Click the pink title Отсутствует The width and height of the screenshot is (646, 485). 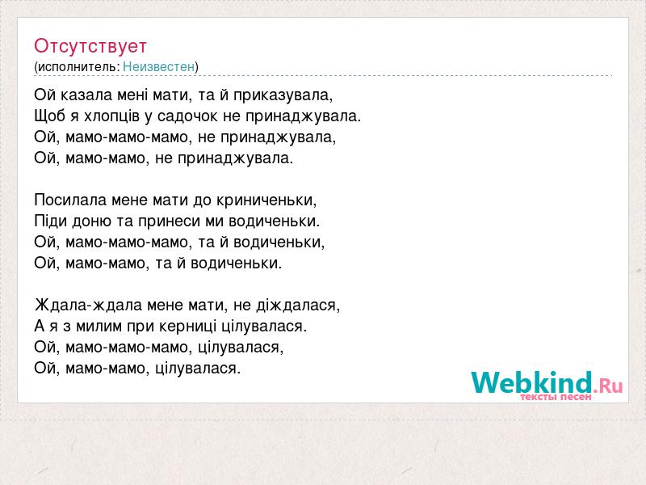pos(90,46)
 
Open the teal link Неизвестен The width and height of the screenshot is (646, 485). pos(158,67)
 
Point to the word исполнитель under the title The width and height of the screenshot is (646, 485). pos(78,67)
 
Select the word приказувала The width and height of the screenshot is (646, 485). pos(283,96)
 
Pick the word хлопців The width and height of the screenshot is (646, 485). pos(112,116)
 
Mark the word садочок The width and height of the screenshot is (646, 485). pos(187,116)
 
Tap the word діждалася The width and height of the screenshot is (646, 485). pos(298,306)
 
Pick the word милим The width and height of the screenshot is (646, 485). pos(99,327)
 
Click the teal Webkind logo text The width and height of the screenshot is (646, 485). pos(532,382)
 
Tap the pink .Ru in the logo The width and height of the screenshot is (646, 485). pos(608,386)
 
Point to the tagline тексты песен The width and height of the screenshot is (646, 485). pos(556,397)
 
